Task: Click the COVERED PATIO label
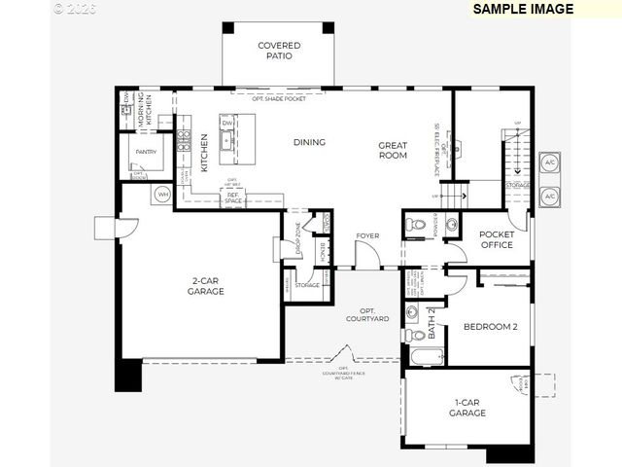(279, 51)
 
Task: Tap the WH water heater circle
(161, 195)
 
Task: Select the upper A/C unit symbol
(549, 162)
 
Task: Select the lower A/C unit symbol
(549, 196)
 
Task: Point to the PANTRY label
(146, 152)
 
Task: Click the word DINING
(309, 142)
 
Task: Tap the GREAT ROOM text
(393, 150)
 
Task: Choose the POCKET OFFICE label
(497, 239)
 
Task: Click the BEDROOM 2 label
(490, 327)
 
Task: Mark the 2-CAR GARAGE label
(207, 285)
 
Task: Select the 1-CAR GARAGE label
(467, 408)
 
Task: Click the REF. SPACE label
(233, 198)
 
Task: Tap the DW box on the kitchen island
(227, 124)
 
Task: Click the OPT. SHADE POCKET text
(279, 98)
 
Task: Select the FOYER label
(367, 235)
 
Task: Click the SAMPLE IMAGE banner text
(523, 9)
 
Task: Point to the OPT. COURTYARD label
(367, 313)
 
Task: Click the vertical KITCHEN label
(204, 153)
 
